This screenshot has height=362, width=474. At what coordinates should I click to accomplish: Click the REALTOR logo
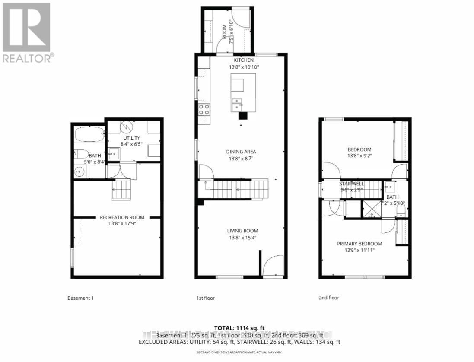click(x=27, y=32)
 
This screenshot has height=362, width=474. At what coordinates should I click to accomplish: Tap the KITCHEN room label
click(x=244, y=60)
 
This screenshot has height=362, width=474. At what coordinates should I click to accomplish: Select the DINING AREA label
click(x=241, y=152)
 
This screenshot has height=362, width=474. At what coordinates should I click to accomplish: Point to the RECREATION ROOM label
click(x=122, y=217)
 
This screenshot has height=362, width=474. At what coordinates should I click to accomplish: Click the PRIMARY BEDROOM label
click(x=359, y=244)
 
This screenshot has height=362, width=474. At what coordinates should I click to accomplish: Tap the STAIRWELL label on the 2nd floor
click(x=352, y=184)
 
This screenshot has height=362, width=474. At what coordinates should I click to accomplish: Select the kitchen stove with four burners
click(x=204, y=108)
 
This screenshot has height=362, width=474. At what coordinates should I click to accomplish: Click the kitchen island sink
click(x=236, y=104)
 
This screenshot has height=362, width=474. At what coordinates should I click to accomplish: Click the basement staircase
click(x=121, y=190)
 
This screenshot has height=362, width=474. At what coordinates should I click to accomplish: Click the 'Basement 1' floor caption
click(x=80, y=298)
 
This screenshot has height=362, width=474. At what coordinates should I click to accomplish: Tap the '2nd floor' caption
click(x=329, y=298)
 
